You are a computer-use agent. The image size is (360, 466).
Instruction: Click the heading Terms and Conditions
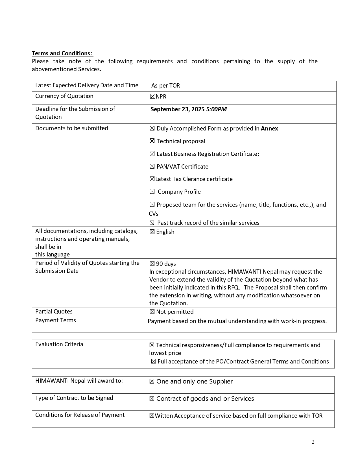(x=62, y=53)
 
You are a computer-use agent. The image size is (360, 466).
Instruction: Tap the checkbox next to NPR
(x=152, y=97)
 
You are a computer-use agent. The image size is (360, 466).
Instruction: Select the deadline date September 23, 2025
(x=178, y=109)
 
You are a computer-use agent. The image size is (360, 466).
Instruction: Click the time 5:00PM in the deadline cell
(x=216, y=109)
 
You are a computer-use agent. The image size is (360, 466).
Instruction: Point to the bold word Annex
(x=269, y=129)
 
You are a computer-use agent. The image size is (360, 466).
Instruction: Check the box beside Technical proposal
(x=152, y=141)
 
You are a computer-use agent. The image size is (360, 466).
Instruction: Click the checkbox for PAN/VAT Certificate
(x=152, y=166)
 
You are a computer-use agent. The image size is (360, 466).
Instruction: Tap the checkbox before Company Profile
(x=152, y=191)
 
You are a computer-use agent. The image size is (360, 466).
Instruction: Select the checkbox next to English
(x=152, y=232)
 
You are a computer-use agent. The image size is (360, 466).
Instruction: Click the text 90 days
(x=166, y=264)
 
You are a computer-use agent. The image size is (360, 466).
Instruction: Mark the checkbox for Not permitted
(x=152, y=312)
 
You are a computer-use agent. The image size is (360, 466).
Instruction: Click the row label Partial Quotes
(x=54, y=312)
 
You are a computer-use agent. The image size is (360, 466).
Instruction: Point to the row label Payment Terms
(x=56, y=320)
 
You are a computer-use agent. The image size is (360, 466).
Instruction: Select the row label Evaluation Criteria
(x=59, y=344)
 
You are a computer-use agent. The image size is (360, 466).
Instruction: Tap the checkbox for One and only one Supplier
(x=152, y=382)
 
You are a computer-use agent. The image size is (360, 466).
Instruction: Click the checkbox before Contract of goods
(x=152, y=399)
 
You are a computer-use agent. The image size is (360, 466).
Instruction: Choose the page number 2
(x=313, y=442)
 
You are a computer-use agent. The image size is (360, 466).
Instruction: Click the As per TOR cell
(x=165, y=86)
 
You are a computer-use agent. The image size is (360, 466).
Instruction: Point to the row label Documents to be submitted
(x=72, y=128)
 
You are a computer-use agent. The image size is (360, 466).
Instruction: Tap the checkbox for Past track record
(x=152, y=223)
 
